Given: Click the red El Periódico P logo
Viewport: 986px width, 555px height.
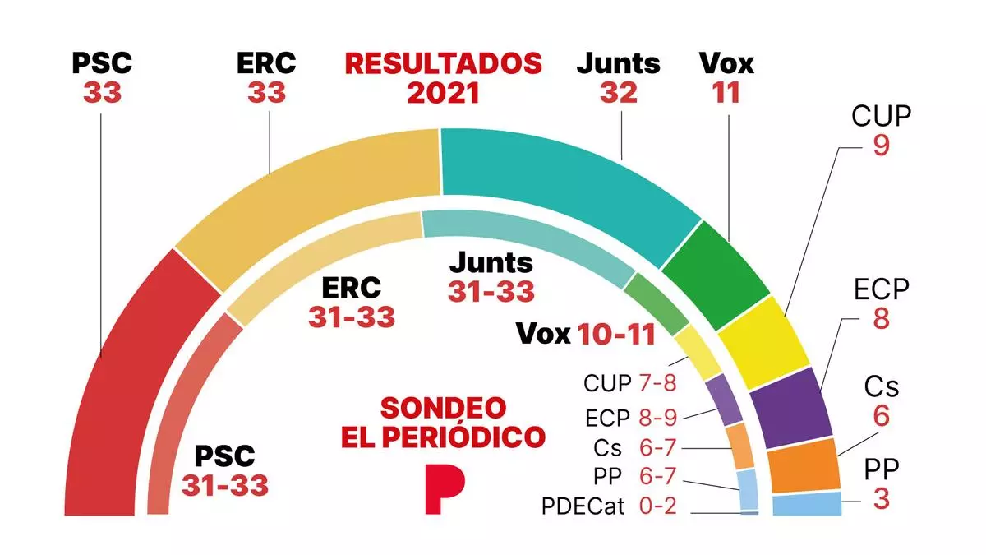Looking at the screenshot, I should click(x=445, y=489).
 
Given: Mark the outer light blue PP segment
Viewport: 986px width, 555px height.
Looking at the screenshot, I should click(x=807, y=504).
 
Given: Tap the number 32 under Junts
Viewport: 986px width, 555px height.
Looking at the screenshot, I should click(x=618, y=93).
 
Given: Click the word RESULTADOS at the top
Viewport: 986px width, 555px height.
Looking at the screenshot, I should click(x=443, y=63).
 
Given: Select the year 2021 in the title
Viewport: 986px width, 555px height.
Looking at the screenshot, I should click(x=443, y=93).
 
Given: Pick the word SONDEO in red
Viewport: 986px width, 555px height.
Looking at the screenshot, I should click(x=443, y=407).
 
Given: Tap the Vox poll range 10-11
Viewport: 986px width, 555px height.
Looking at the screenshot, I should click(x=616, y=334).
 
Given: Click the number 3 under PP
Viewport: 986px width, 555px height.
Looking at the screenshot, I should click(x=881, y=498).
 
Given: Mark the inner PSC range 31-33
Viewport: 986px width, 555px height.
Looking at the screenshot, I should click(x=225, y=485).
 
